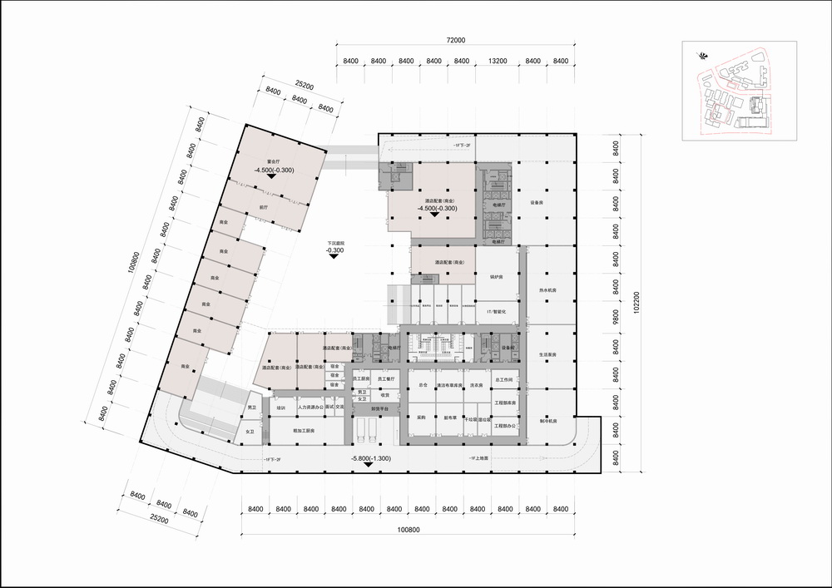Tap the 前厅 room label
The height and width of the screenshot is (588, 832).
point(264,209)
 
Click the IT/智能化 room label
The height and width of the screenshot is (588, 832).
point(497,309)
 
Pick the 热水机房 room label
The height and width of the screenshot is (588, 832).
point(547,290)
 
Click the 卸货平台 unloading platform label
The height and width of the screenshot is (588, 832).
point(379,408)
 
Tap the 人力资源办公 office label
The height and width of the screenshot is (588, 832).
point(310,408)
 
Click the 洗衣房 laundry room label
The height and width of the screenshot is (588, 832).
point(477,385)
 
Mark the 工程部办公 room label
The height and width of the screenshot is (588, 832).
point(506,425)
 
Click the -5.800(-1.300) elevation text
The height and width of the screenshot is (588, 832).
point(371,458)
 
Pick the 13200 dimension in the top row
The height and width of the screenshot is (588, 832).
point(498,62)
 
